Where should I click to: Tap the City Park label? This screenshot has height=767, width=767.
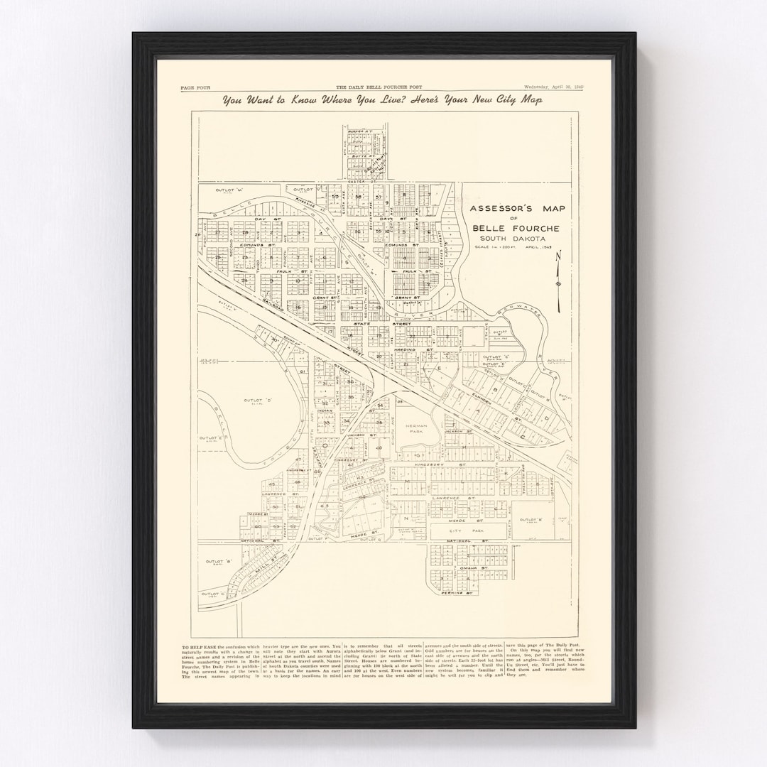click(455, 531)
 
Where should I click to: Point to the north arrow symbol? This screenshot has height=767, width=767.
click(559, 281)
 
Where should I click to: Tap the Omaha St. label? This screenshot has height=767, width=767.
click(473, 567)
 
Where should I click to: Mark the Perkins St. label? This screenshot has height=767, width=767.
click(459, 592)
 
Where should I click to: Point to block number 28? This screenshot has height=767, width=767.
click(245, 232)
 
